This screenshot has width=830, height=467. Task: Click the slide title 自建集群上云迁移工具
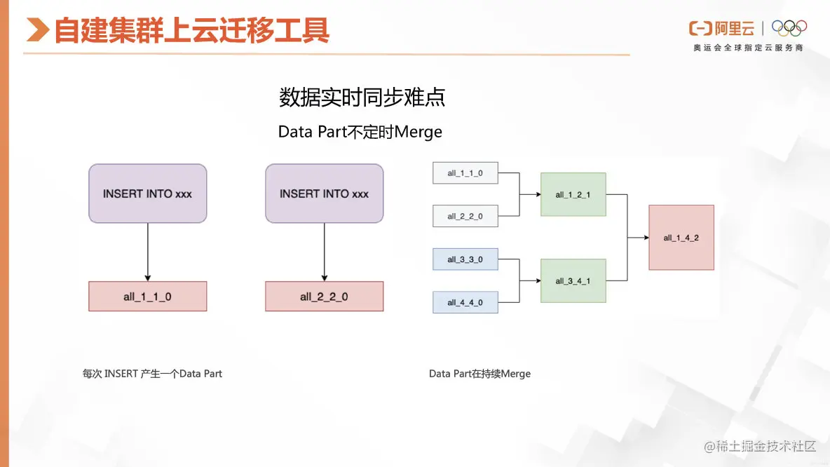(191, 30)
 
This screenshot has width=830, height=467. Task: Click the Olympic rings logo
(789, 28)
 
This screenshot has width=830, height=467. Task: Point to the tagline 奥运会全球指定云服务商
(748, 48)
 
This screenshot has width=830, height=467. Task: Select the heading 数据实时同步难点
(362, 97)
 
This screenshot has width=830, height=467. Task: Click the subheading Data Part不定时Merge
(360, 132)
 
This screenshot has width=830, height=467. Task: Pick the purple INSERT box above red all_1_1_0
(147, 194)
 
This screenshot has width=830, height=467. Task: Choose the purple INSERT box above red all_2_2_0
(324, 194)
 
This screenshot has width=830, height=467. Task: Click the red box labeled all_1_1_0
(147, 297)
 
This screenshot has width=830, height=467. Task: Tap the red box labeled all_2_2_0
(324, 297)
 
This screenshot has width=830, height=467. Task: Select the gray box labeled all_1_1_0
(465, 172)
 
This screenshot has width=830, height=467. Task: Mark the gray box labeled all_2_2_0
(465, 216)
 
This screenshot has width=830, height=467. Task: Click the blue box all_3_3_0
(465, 259)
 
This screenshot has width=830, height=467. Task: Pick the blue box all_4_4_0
(465, 302)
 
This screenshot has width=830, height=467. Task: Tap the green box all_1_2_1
(573, 194)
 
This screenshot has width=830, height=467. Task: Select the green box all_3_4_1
(573, 280)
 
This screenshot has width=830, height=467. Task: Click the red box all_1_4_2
(681, 238)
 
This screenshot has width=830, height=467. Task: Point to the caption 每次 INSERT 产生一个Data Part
(152, 374)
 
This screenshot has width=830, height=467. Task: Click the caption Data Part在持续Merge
(479, 374)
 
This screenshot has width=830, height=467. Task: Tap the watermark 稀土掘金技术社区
(761, 447)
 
